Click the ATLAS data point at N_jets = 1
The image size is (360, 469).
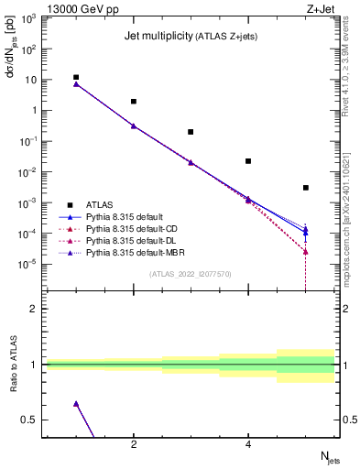[76, 78]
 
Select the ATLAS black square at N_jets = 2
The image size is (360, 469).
[134, 102]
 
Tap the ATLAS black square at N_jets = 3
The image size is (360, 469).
[191, 132]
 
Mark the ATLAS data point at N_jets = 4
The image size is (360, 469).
[248, 161]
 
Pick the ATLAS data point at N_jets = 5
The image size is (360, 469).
[306, 188]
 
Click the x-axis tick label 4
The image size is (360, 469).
[248, 445]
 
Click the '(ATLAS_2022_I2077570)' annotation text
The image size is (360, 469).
[191, 273]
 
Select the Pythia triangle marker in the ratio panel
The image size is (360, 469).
[76, 403]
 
